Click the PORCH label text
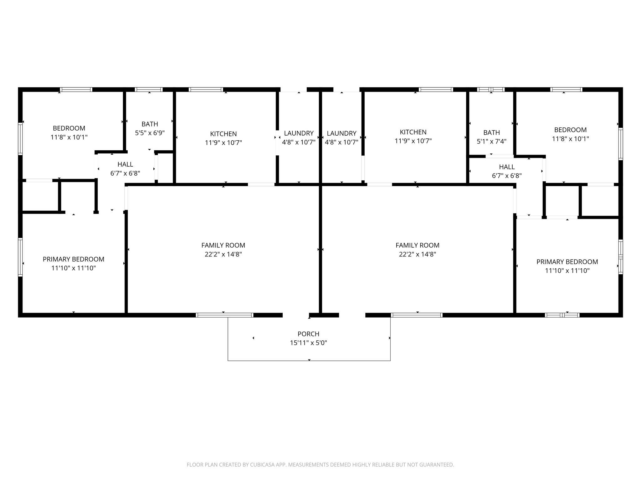coord(308,334)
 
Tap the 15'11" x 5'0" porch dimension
coord(308,343)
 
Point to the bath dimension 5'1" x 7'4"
coord(491,142)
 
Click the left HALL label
coord(125,164)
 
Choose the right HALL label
coord(507,167)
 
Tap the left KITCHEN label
coord(223,134)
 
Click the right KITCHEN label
coord(413,132)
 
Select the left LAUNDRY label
coord(299,133)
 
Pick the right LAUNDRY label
coord(341,133)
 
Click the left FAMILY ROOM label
coord(223,246)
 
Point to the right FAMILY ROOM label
coord(417,246)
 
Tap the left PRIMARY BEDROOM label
coord(74,259)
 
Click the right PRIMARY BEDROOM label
coord(567,262)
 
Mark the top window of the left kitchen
coord(206,90)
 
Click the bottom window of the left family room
coord(224,315)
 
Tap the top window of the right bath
coord(491,90)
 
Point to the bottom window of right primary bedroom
coord(562,315)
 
